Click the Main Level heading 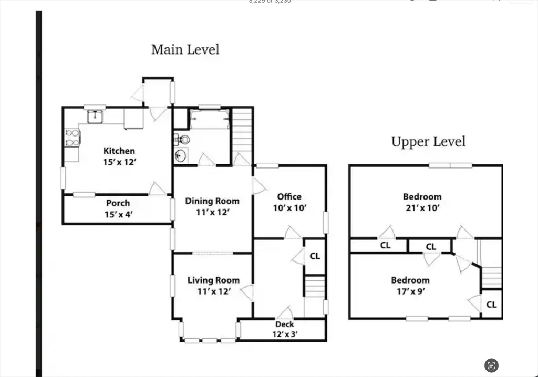185,50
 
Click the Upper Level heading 428,142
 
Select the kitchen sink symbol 95,116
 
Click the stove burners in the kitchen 71,137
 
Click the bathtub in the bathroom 210,119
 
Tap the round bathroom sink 181,155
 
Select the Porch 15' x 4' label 118,208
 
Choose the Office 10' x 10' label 289,202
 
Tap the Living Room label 213,286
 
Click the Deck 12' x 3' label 284,329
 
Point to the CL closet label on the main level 315,257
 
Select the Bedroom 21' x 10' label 422,202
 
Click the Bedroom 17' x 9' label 410,285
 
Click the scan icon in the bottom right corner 491,365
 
